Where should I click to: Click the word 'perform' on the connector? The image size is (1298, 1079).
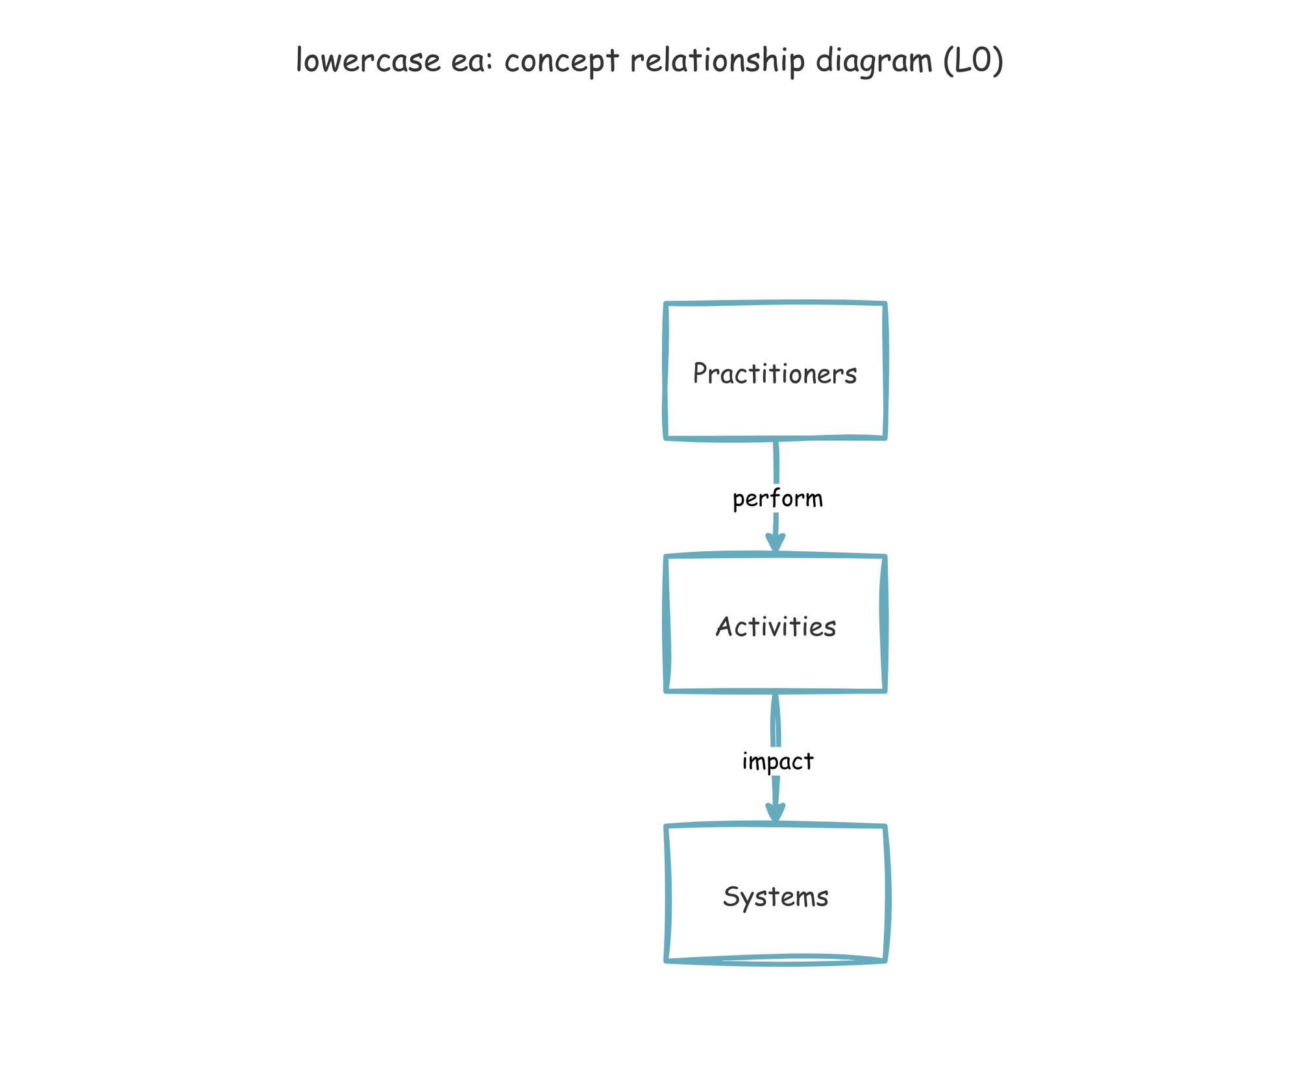pyautogui.click(x=778, y=499)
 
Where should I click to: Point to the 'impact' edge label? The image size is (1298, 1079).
pyautogui.click(x=778, y=761)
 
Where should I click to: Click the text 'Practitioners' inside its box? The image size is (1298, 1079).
pyautogui.click(x=776, y=374)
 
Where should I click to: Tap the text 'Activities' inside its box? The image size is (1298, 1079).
pyautogui.click(x=776, y=627)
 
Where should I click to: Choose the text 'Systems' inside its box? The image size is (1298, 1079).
pyautogui.click(x=776, y=897)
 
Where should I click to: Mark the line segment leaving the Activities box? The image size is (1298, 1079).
pyautogui.click(x=775, y=721)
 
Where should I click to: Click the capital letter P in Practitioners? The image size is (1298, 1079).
pyautogui.click(x=700, y=373)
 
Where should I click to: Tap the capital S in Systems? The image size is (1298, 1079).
pyautogui.click(x=731, y=897)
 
